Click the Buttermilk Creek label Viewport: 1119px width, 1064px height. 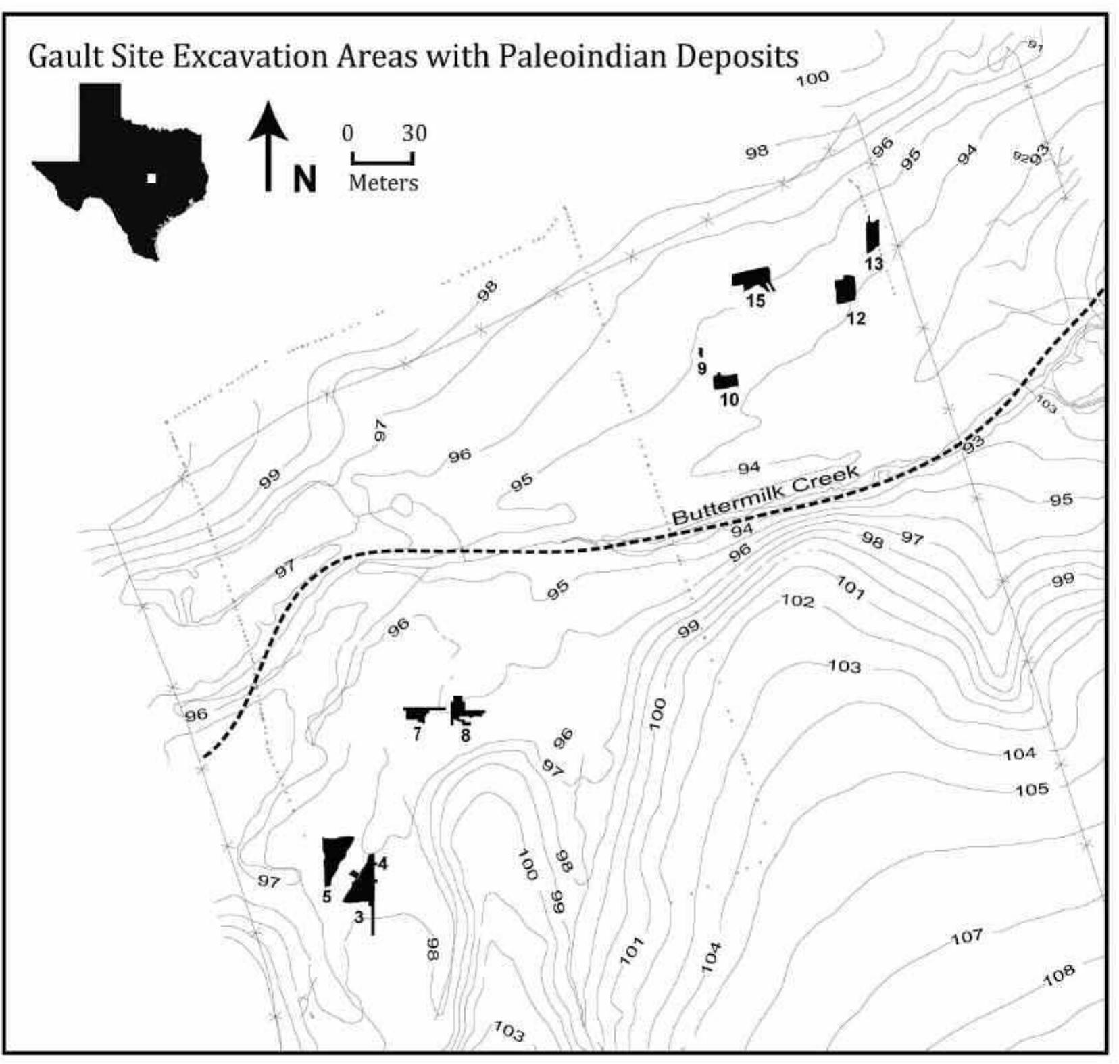pos(766,494)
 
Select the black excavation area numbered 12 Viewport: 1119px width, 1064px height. pos(845,289)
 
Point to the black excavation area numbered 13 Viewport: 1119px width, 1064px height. pos(872,236)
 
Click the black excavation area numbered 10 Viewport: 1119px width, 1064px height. pos(726,381)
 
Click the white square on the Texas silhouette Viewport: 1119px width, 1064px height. pos(152,178)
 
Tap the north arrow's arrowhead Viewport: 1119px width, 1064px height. pos(268,122)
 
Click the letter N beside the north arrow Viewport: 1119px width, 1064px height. pos(305,179)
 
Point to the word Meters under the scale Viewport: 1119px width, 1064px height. pos(383,183)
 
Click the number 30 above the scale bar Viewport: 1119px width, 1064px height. pos(414,133)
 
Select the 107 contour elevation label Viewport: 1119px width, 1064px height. pos(967,937)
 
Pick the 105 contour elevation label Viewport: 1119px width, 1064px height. pos(1032,789)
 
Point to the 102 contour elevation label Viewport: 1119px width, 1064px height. pos(798,600)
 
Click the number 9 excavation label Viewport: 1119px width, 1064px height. pos(702,368)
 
